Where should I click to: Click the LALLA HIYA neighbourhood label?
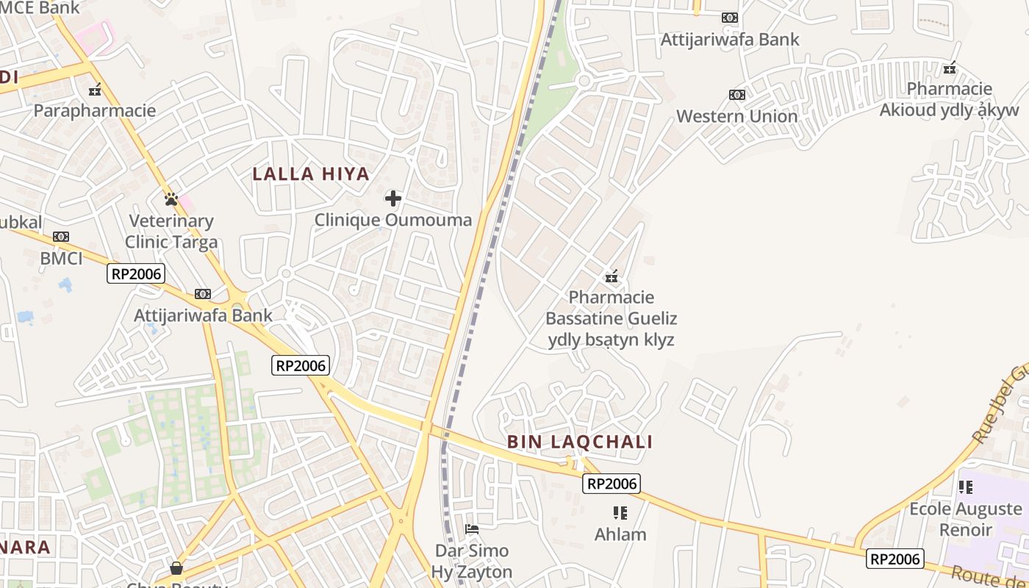tap(311, 174)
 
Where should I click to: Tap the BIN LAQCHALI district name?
tap(580, 442)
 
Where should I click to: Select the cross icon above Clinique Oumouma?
tap(393, 198)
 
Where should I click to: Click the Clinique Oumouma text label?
tap(393, 220)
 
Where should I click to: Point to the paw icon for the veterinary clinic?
tap(171, 198)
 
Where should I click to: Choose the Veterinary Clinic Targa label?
tap(171, 232)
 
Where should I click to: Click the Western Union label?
tap(736, 116)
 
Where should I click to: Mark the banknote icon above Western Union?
tap(736, 95)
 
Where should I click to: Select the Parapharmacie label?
tap(95, 111)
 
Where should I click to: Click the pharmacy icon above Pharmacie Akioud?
tap(950, 68)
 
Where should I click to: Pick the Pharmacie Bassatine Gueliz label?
tap(611, 318)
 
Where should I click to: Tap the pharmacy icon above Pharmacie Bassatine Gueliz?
tap(611, 276)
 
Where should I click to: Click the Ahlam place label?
tap(620, 534)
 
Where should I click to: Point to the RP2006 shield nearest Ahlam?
tap(612, 484)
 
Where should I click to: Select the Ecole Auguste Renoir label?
tap(966, 519)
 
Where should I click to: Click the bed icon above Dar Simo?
tap(472, 528)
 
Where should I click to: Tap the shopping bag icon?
tap(176, 567)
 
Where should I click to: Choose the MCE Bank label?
tap(40, 7)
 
